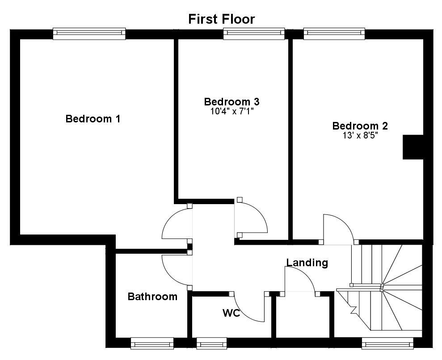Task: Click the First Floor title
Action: tap(221, 19)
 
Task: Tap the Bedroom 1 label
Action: tap(93, 119)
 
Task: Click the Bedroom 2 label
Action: tap(360, 126)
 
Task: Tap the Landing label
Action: tap(307, 263)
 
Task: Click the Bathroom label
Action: tap(152, 297)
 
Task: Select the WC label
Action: tap(232, 313)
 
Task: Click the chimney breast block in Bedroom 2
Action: tap(413, 147)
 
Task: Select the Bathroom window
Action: tap(152, 343)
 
